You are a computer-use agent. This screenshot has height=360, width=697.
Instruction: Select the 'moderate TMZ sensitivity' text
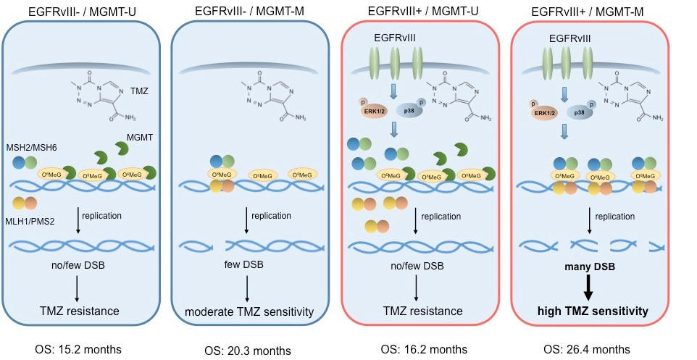(247, 312)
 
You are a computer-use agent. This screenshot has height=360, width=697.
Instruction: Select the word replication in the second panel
(271, 215)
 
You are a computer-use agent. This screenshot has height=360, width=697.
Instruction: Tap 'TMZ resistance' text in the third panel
(420, 311)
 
